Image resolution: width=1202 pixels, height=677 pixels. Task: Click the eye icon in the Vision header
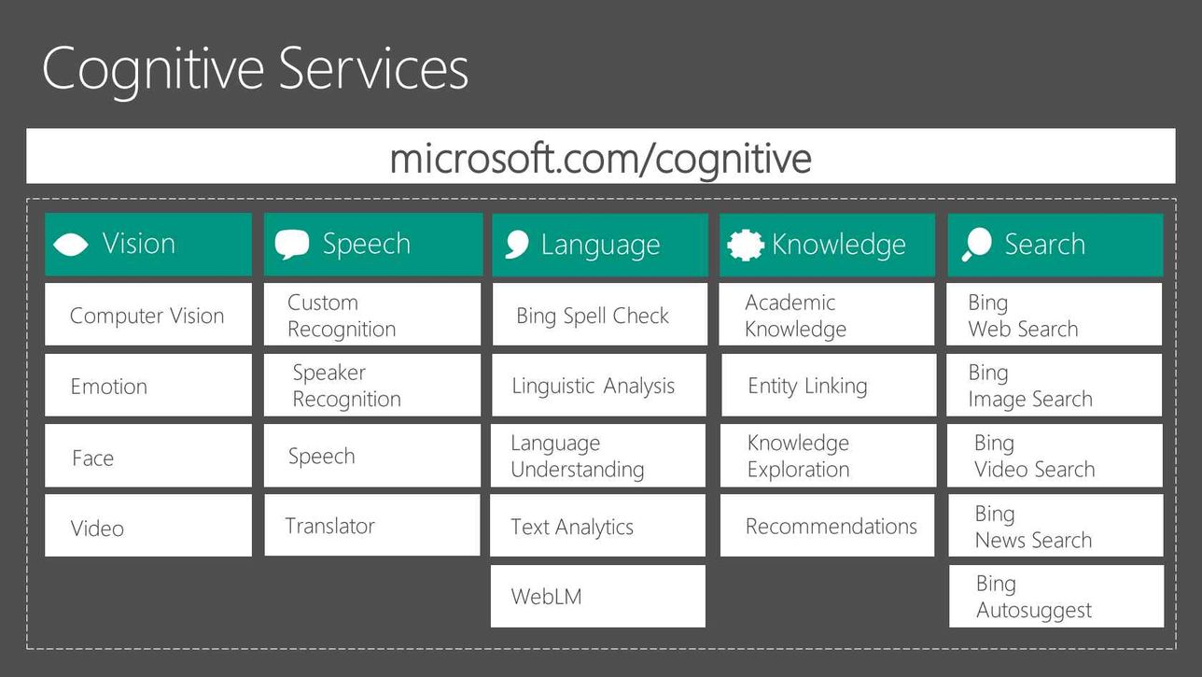[71, 245]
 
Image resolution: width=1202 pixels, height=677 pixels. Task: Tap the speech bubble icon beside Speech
[292, 245]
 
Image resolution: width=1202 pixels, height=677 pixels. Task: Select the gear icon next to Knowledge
[746, 246]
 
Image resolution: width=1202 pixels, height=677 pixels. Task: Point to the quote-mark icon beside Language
[517, 245]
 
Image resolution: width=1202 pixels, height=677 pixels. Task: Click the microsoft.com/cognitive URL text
[600, 159]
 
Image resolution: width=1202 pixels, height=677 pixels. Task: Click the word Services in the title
[373, 69]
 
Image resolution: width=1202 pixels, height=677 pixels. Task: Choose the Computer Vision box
[148, 315]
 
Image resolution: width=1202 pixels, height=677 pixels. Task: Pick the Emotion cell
[148, 385]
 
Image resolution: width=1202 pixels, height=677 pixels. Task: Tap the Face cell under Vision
[148, 456]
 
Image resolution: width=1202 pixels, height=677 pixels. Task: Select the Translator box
[372, 525]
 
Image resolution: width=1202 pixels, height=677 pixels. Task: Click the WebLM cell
[598, 596]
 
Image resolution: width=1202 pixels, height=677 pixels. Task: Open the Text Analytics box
[598, 526]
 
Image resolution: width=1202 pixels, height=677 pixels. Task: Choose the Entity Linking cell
[829, 385]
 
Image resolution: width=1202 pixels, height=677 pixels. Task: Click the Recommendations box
[827, 526]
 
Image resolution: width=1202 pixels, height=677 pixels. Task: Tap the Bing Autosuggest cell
[1056, 596]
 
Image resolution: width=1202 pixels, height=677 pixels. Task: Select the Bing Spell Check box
[600, 315]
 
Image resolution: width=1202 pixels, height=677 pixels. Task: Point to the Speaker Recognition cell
[372, 385]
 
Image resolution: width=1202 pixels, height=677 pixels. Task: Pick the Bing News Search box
[1055, 526]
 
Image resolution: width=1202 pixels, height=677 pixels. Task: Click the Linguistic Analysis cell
[599, 385]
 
